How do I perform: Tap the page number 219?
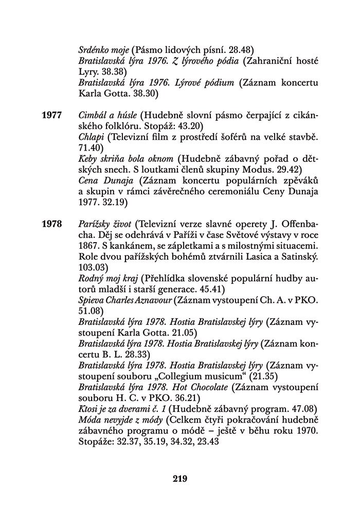click(x=179, y=479)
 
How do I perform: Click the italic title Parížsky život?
click(x=106, y=224)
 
